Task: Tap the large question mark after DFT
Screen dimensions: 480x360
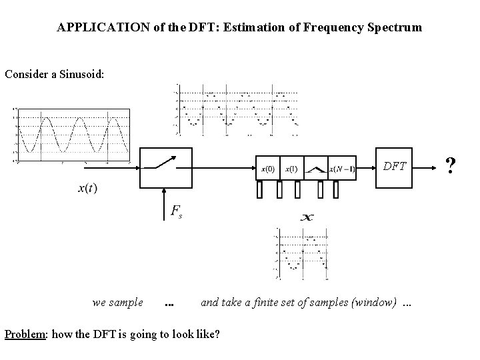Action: [x=451, y=166]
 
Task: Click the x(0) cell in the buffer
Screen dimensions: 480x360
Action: [x=267, y=169]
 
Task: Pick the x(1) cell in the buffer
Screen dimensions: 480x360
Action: [x=290, y=169]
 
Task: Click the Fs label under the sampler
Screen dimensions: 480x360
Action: [x=176, y=213]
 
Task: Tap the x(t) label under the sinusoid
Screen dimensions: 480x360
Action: [x=87, y=188]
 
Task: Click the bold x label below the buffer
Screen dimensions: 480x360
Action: [x=307, y=217]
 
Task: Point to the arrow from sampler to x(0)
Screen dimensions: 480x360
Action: [x=225, y=168]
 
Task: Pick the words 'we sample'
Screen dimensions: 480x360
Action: [x=118, y=302]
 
